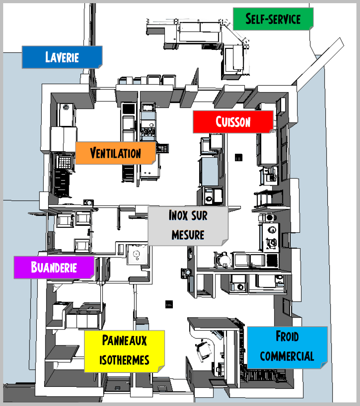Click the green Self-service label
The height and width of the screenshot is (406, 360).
click(273, 19)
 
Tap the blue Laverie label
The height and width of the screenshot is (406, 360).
click(62, 57)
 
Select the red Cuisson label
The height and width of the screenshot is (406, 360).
click(233, 122)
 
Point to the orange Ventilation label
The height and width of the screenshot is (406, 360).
click(115, 153)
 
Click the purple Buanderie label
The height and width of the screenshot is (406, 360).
click(54, 267)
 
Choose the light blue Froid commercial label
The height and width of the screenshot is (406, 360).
click(287, 347)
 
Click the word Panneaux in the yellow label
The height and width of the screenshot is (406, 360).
click(124, 340)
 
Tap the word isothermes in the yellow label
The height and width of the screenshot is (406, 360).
click(124, 360)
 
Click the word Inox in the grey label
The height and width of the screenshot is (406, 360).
click(176, 216)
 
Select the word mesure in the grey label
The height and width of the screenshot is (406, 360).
click(188, 234)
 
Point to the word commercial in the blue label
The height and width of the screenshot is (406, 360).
click(287, 356)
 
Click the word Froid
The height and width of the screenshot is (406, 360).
click(287, 337)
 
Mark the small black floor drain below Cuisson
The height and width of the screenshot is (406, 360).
click(239, 157)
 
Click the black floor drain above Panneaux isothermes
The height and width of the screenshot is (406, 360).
click(169, 304)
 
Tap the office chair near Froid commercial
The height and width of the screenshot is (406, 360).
click(205, 350)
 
